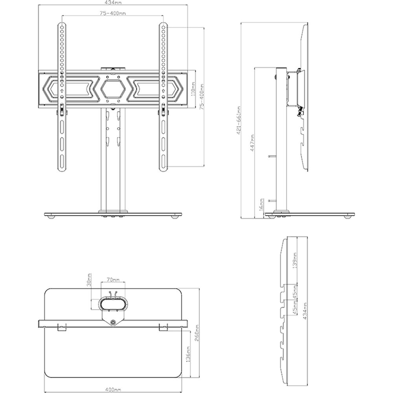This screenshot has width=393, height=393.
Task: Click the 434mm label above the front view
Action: click(113, 2)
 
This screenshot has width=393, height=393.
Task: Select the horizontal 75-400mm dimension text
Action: click(113, 13)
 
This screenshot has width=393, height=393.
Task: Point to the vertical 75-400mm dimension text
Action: click(202, 96)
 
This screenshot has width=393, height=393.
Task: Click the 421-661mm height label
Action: click(239, 121)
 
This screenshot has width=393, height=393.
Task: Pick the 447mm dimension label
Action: click(253, 143)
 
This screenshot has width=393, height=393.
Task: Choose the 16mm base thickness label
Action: click(261, 204)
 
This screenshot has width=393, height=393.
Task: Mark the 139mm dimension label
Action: click(295, 261)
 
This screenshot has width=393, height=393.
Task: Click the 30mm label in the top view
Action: click(90, 280)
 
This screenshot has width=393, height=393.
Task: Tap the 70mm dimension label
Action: click(113, 279)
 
